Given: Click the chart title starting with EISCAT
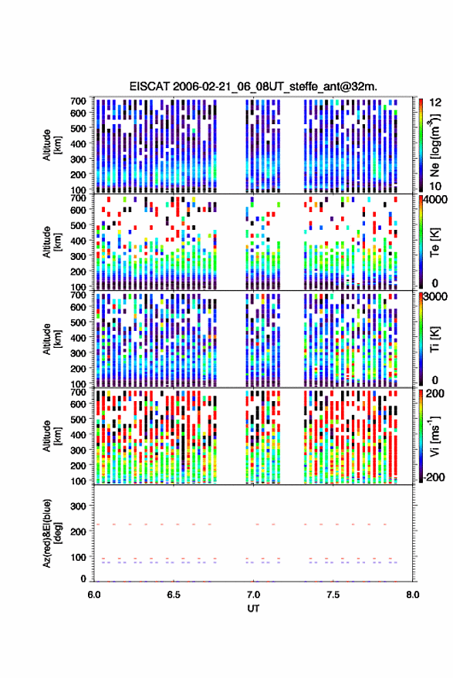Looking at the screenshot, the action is pos(253,86).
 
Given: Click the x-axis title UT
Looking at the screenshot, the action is pos(253,609).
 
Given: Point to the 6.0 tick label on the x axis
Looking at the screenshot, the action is pos(94,595).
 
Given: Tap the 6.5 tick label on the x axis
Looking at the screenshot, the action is pos(174,595).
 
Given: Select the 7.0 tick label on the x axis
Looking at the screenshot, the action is pos(253,595).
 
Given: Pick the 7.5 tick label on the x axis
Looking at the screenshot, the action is pos(333,595).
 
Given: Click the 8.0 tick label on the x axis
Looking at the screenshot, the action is pos(412,595).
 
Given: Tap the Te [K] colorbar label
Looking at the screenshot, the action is pos(434,242).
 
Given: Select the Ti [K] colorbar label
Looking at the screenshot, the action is pos(434,339).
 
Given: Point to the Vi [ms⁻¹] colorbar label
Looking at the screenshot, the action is pos(435,436).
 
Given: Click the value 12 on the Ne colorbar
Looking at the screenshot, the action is pos(436,103).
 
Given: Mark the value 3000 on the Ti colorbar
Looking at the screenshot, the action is pos(436,296).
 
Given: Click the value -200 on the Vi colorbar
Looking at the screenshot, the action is pos(434,477).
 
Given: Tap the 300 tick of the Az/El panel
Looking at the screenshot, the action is pos(78,506).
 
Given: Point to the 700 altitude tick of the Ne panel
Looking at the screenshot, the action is pos(78,101).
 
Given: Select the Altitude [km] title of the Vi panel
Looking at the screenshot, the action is pos(52,436).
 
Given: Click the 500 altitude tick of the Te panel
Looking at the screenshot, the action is pos(78,225).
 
